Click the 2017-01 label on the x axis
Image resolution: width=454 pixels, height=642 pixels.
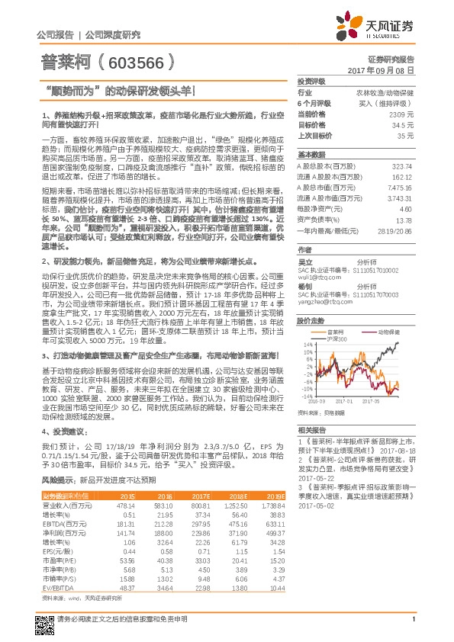click(x=343, y=399)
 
